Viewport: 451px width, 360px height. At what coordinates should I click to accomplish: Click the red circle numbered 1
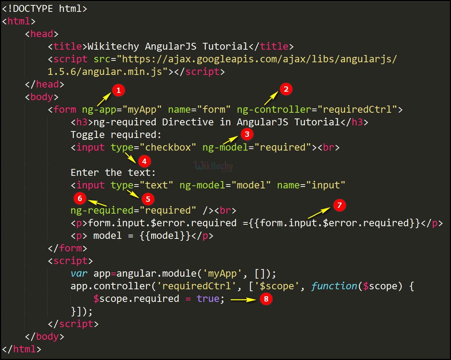click(119, 91)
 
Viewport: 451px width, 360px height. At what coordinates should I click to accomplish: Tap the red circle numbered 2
click(286, 89)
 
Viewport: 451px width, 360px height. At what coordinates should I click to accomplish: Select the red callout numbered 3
click(247, 134)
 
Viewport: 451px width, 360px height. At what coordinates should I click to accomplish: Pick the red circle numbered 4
click(144, 162)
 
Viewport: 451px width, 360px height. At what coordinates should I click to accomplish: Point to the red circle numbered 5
click(148, 199)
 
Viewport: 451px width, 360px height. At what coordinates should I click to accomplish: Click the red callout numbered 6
click(80, 198)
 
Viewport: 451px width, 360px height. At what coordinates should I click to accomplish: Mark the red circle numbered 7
click(339, 205)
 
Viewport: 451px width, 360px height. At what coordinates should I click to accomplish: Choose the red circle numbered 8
click(266, 299)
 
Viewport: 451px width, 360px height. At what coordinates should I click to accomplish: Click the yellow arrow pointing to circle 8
click(243, 299)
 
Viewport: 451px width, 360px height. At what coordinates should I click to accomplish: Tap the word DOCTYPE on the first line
click(33, 9)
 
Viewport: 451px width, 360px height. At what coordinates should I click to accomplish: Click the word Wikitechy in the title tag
click(113, 46)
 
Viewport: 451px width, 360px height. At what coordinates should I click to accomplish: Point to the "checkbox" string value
click(168, 147)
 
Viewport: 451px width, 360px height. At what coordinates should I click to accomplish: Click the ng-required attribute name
click(102, 211)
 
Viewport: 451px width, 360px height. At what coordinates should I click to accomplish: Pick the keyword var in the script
click(79, 274)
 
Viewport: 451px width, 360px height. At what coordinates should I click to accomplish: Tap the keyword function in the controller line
click(334, 286)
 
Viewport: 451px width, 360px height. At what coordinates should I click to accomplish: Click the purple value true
click(208, 299)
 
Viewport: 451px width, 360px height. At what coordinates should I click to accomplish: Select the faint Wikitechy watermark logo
click(213, 166)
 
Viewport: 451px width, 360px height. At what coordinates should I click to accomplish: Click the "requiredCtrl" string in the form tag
click(357, 109)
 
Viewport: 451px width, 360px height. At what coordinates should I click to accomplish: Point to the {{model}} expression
click(165, 236)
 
